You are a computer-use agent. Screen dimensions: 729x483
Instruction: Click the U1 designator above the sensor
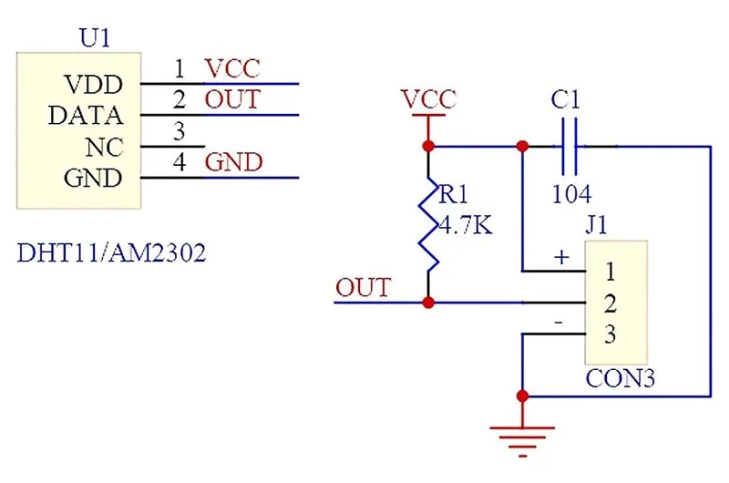95,38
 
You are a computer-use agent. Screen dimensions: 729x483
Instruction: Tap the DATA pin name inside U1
86,116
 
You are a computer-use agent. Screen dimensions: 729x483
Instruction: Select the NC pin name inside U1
105,148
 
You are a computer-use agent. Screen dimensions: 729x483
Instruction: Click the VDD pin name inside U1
94,85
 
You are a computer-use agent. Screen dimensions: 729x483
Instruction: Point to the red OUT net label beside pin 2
232,99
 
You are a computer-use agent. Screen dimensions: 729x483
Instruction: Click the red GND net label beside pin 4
234,162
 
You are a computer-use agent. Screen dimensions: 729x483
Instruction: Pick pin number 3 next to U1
180,131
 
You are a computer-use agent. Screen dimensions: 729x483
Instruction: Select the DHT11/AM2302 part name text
111,253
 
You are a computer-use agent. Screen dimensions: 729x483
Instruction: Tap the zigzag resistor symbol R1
428,223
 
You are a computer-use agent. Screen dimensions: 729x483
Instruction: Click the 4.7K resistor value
466,226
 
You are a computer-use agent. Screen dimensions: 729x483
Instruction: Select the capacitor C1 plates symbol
570,147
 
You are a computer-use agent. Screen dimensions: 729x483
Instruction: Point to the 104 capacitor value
571,194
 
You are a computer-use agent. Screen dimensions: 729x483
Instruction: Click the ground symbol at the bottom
522,442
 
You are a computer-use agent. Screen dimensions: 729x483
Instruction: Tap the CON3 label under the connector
621,378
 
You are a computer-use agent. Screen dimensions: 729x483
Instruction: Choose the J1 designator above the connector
597,225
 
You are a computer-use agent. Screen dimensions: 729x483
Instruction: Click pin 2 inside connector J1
611,303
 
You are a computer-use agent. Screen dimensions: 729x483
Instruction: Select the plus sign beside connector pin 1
561,257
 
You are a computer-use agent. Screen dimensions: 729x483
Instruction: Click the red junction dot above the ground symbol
522,396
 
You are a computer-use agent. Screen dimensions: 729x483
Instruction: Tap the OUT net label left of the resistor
363,287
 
